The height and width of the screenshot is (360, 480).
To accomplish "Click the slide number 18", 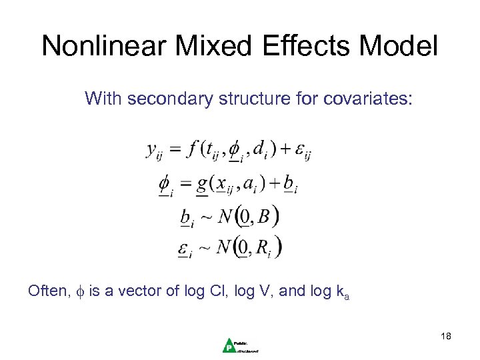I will (446, 336).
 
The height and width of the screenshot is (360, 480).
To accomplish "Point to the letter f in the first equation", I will (193, 150).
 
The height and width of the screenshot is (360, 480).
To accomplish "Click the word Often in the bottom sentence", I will (46, 291).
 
